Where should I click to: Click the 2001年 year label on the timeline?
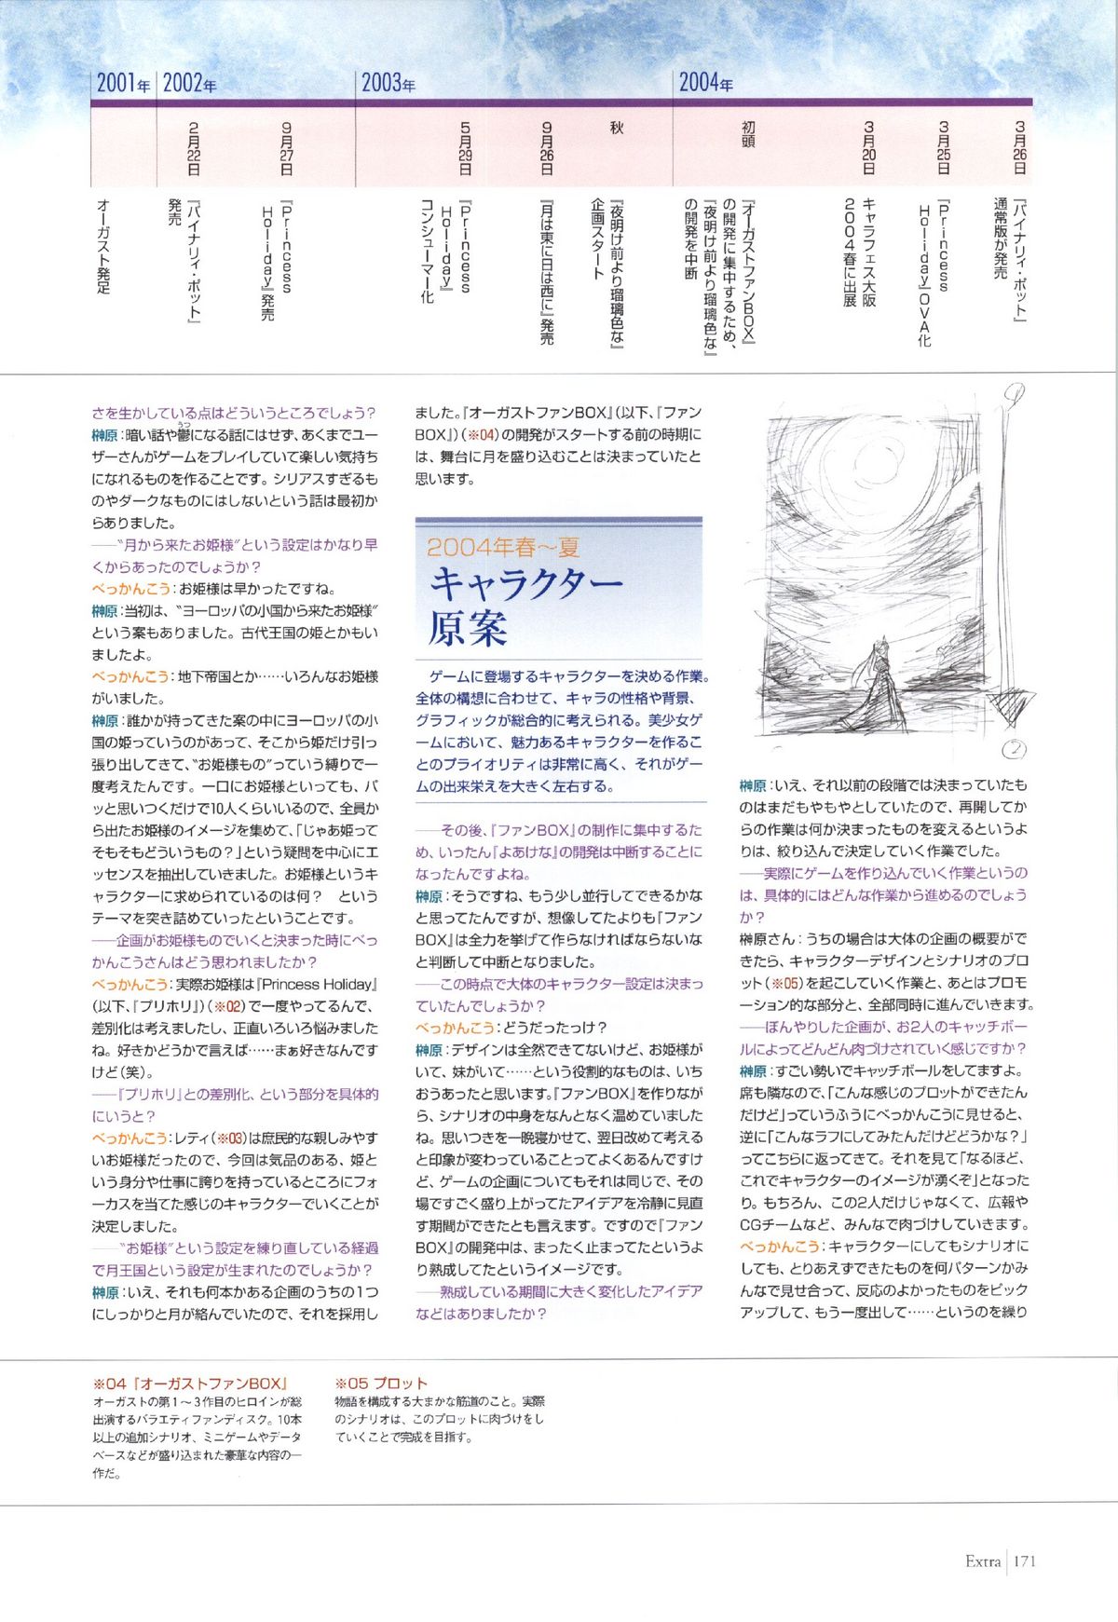123,84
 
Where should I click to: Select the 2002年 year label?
189,84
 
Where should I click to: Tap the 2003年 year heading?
389,84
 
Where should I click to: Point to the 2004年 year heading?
705,84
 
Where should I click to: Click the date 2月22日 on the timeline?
194,149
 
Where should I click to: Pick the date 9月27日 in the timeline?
287,149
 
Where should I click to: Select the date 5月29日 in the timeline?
466,149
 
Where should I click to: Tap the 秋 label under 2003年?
616,129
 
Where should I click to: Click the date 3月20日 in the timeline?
869,149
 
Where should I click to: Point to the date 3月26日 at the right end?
1020,149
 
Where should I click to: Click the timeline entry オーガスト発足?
103,246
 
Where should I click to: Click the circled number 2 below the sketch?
1015,749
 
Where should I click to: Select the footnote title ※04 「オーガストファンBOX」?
190,1383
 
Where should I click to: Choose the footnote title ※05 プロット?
381,1383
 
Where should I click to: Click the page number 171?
1025,1561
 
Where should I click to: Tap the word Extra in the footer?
983,1561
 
